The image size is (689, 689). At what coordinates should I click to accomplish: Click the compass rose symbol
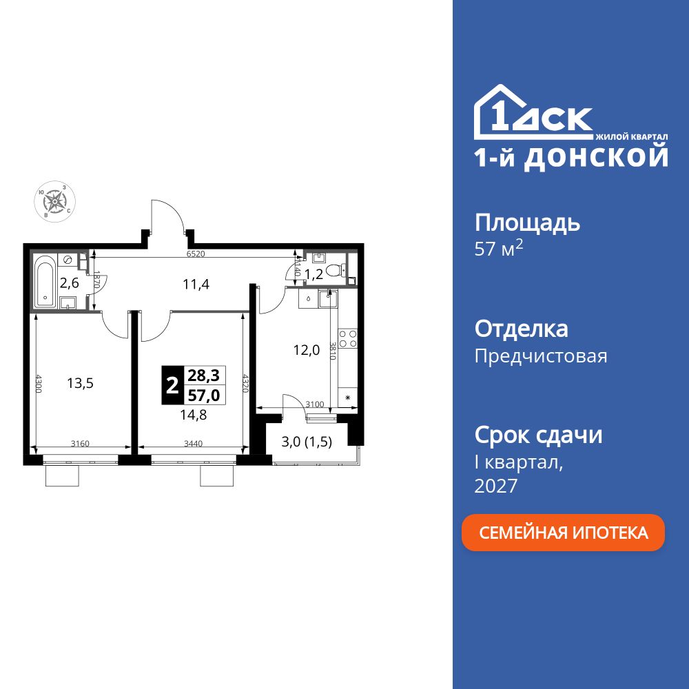point(54,201)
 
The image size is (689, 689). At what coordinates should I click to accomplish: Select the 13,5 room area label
point(80,383)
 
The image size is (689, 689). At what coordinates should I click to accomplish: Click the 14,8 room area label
point(194,414)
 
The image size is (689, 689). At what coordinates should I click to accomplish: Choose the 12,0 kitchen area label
point(307,349)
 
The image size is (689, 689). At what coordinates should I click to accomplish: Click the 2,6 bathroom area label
point(69,282)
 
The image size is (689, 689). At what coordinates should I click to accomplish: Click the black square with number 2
point(172,383)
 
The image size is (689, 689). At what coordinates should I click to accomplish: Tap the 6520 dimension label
point(196,254)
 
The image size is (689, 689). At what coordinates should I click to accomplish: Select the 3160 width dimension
point(82,444)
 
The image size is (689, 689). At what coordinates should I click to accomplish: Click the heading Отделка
point(522,329)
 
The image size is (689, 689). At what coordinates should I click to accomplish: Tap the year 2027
point(496,486)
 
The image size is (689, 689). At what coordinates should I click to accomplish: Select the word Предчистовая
point(541,356)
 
